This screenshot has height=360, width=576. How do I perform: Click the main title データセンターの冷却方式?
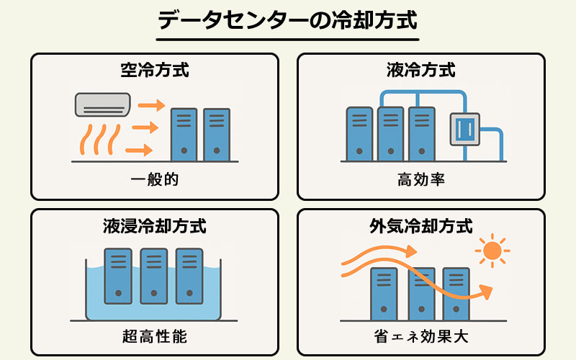pyautogui.click(x=287, y=20)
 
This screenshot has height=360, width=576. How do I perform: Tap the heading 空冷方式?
pyautogui.click(x=155, y=71)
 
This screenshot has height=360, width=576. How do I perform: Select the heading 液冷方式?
pyautogui.click(x=420, y=71)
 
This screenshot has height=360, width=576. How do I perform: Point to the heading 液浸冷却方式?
pyautogui.click(x=155, y=226)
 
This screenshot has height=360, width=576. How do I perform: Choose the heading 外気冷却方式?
pyautogui.click(x=420, y=226)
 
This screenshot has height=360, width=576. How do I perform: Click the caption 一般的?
pyautogui.click(x=155, y=179)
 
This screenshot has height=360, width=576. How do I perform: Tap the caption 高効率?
pyautogui.click(x=420, y=179)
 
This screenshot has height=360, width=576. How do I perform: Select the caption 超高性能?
pyautogui.click(x=155, y=336)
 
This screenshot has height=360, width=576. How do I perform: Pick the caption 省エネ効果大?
pyautogui.click(x=420, y=336)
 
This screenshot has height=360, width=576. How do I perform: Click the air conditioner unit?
pyautogui.click(x=102, y=104)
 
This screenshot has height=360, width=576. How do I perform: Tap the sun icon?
pyautogui.click(x=492, y=251)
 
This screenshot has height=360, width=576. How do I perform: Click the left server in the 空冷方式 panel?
pyautogui.click(x=184, y=135)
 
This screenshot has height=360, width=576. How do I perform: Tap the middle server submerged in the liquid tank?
pyautogui.click(x=154, y=275)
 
